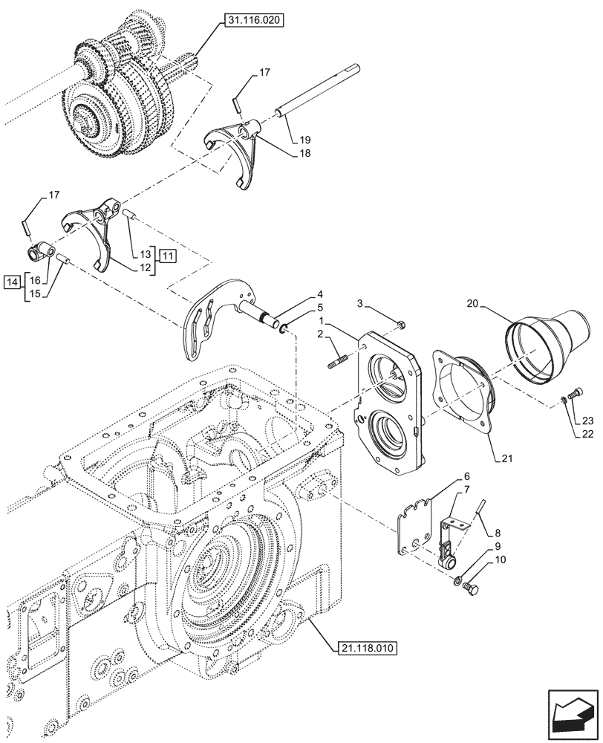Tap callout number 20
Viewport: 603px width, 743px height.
click(x=474, y=303)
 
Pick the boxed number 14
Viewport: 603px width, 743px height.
click(x=11, y=282)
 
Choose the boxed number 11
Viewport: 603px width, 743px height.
click(x=168, y=256)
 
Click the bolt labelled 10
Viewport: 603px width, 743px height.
click(x=469, y=590)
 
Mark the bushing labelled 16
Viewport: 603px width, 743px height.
click(x=40, y=253)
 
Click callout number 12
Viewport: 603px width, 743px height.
click(x=145, y=267)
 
